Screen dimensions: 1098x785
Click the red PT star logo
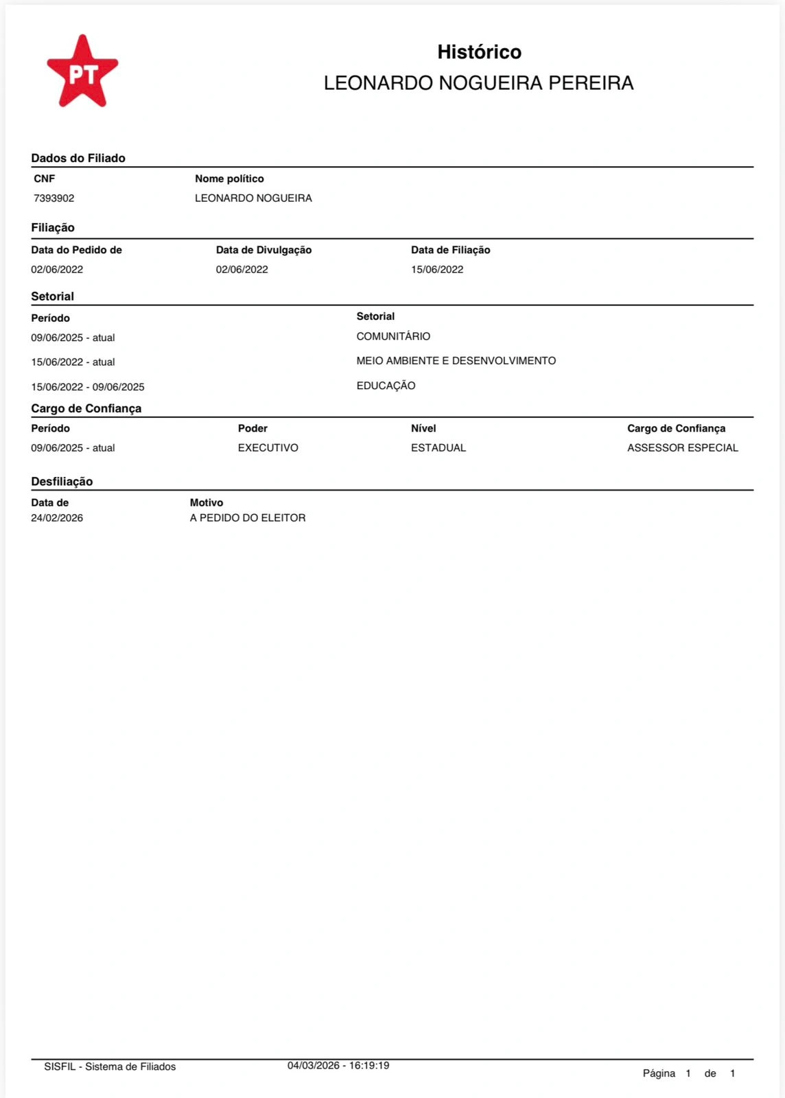pos(82,72)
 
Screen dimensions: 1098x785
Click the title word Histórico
pos(479,52)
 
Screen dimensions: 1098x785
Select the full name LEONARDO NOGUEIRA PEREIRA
pos(478,83)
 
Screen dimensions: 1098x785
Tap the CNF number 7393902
pos(54,198)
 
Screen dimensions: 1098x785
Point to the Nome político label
pos(229,178)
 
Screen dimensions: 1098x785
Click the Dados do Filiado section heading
pos(78,158)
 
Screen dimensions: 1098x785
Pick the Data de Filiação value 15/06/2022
pos(437,270)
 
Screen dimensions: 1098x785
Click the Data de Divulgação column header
pos(263,250)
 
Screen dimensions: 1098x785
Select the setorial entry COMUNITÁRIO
pos(393,336)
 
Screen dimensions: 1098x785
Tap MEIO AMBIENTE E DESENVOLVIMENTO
pos(456,361)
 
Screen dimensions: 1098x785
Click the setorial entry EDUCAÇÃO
pos(386,386)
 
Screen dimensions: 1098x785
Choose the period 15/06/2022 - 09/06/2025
pos(88,387)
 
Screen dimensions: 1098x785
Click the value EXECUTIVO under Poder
pos(268,448)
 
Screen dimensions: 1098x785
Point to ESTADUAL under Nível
pos(438,448)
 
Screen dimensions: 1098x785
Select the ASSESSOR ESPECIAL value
pos(683,448)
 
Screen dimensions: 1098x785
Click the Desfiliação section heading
pos(62,482)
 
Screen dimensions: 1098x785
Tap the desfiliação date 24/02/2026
pos(57,518)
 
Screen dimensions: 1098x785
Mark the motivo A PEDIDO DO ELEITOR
pos(248,518)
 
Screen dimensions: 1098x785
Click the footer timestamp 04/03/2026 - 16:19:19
pos(338,1066)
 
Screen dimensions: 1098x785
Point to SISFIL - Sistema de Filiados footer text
pos(110,1066)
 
